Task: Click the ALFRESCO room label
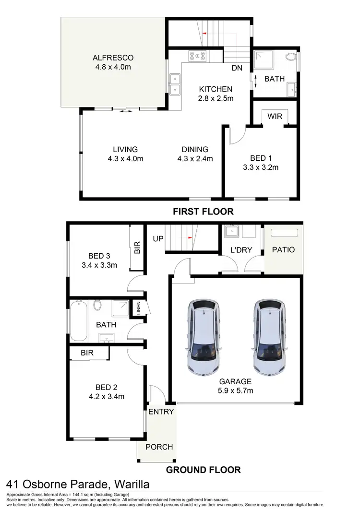(113, 58)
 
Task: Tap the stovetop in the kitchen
(198, 56)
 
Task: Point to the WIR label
(275, 116)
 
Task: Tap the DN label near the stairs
(237, 68)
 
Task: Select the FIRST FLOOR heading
(203, 211)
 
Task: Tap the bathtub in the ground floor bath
(78, 320)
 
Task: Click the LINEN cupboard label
(138, 307)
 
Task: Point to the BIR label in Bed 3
(137, 248)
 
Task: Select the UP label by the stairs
(157, 238)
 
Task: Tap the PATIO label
(283, 250)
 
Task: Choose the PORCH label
(159, 447)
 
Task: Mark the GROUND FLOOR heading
(203, 470)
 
